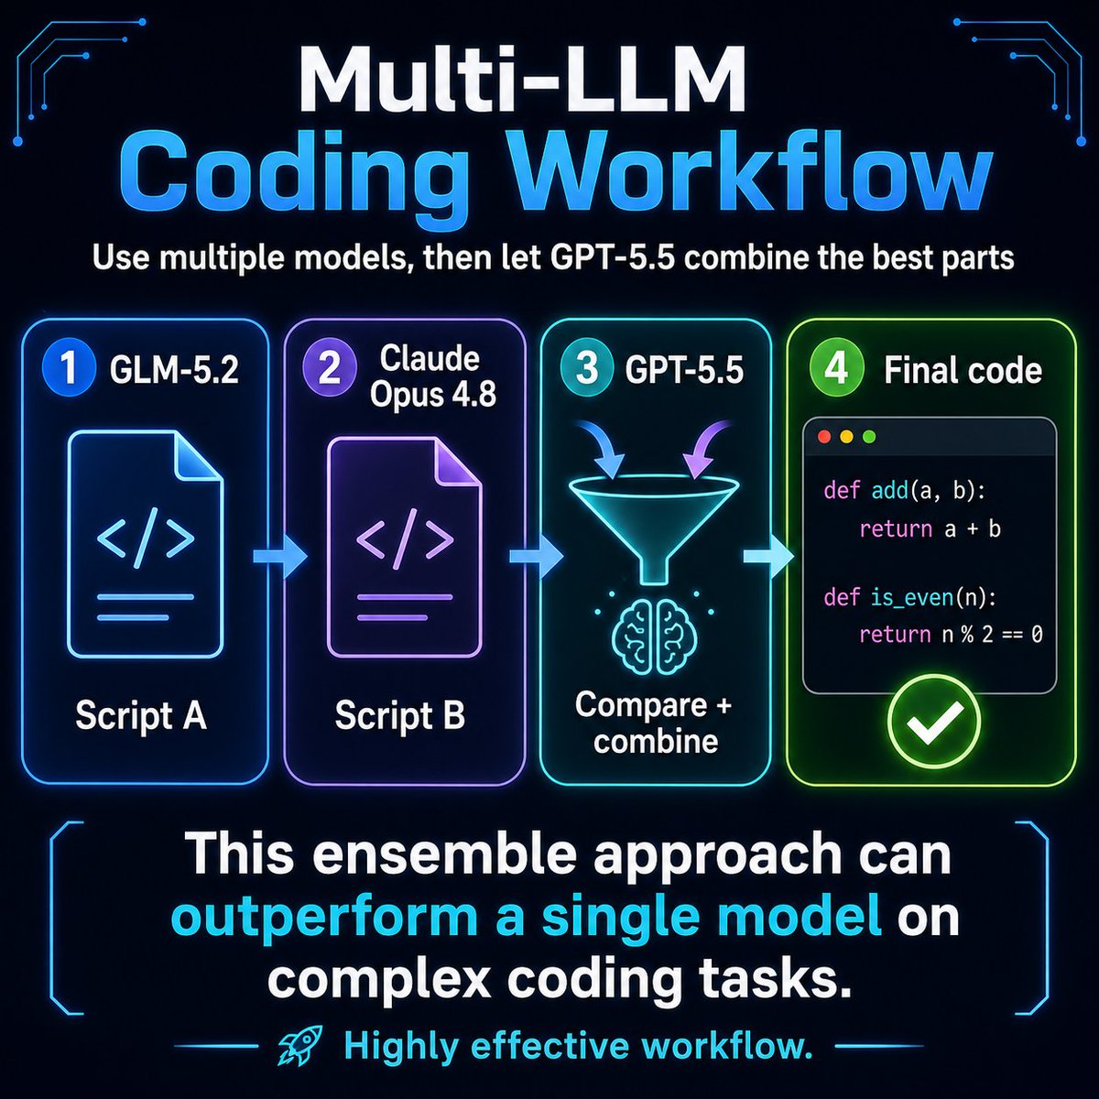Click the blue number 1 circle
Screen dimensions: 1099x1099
[x=69, y=369]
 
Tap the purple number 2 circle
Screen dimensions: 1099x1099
[x=329, y=369]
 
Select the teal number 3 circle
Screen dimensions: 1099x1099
[x=587, y=369]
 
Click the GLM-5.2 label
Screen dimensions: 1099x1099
[x=174, y=370]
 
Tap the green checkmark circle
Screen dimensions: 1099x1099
[x=934, y=724]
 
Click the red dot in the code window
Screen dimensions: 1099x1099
[x=824, y=437]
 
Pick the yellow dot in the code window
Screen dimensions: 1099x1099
[x=847, y=437]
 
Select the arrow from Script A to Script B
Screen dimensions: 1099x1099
[x=280, y=555]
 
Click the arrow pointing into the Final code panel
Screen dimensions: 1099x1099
[x=768, y=555]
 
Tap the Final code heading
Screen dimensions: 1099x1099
[x=963, y=371]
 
